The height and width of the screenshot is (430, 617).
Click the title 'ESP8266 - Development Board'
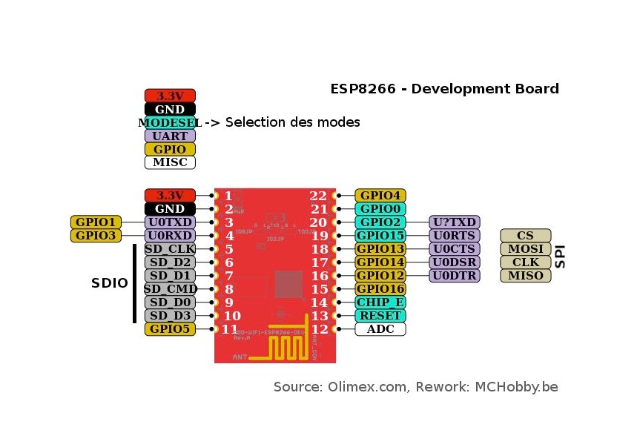(444, 89)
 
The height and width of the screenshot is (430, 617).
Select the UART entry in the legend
(170, 136)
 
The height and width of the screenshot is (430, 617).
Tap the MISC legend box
(170, 162)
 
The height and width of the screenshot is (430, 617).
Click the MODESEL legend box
(170, 122)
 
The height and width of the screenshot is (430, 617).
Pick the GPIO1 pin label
(96, 222)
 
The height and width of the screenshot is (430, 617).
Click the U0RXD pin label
(170, 236)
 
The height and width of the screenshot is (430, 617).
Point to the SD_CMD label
(170, 289)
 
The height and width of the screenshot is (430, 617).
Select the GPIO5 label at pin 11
(170, 329)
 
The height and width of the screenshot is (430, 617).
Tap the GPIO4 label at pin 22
(380, 196)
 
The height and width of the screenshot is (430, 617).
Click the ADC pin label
(380, 329)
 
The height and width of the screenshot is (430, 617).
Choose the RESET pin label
(380, 316)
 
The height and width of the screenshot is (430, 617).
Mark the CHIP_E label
(380, 302)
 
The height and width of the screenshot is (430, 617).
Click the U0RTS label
(455, 236)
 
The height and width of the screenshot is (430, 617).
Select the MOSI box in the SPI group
(526, 249)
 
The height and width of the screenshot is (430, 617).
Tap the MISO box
(526, 276)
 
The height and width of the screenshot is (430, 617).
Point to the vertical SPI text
(561, 256)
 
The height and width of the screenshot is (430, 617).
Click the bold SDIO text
(110, 283)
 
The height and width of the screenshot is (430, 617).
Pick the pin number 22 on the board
(318, 196)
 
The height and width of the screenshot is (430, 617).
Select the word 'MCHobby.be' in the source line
(518, 386)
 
